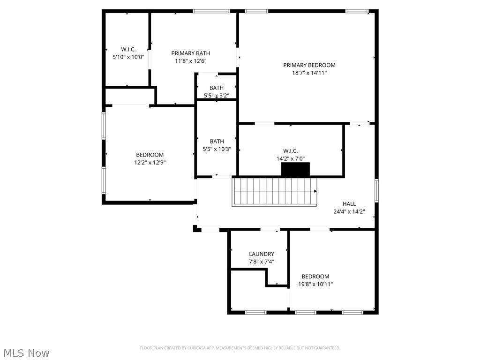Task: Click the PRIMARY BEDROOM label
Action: pos(309,65)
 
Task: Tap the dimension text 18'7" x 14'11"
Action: pos(309,73)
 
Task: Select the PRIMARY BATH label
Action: pos(190,53)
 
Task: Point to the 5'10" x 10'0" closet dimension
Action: pos(128,57)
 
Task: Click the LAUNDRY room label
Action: pos(261,254)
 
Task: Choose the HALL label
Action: pos(349,204)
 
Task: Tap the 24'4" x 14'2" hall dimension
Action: pos(349,211)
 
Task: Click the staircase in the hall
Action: pos(274,192)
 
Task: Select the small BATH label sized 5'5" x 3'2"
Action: pos(216,88)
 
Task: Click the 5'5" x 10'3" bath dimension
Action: pos(217,149)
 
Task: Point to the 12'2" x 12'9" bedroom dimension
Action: pos(150,163)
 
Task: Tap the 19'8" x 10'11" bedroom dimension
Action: pos(315,284)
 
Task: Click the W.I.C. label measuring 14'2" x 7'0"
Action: pos(290,151)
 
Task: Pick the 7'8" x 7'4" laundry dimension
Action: pos(261,262)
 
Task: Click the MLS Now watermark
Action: pos(25,352)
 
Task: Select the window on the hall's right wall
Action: pos(376,191)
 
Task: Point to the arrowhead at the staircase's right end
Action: pos(315,191)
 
